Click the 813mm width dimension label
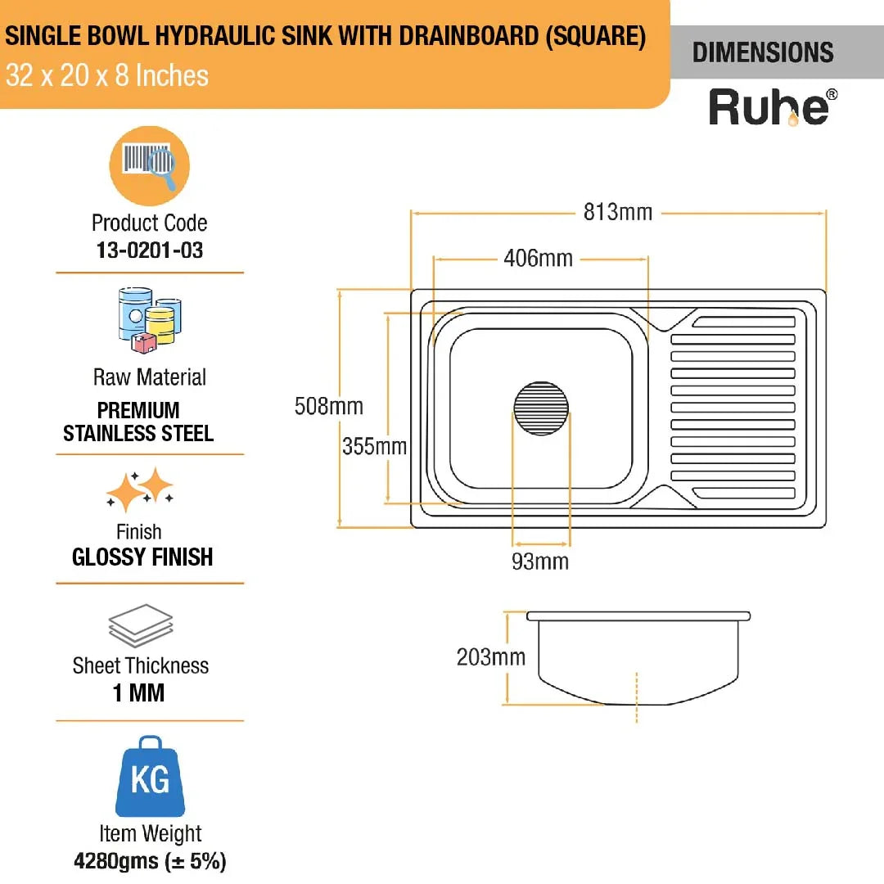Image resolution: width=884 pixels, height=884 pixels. coord(618,213)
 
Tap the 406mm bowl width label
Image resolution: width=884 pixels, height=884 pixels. coord(538,259)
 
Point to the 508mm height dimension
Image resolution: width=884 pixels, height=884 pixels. coord(328,406)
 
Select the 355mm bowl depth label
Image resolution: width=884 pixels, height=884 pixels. coord(374,447)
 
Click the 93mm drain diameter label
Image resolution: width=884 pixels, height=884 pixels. coord(540,562)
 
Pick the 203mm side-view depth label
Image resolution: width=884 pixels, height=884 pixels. coord(491,657)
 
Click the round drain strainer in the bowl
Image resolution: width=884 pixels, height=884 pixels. coord(541,408)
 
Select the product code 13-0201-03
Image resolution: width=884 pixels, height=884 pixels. coord(150,250)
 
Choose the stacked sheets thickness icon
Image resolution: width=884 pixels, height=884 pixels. coord(141,626)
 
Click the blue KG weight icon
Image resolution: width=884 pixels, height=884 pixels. coord(150,777)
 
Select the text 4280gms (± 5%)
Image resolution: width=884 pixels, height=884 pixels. coord(150,861)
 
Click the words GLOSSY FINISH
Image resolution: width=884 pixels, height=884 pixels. coord(142,557)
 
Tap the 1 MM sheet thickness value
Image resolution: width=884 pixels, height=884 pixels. coord(138,693)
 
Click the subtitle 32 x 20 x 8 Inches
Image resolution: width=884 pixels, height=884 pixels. coord(107,76)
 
